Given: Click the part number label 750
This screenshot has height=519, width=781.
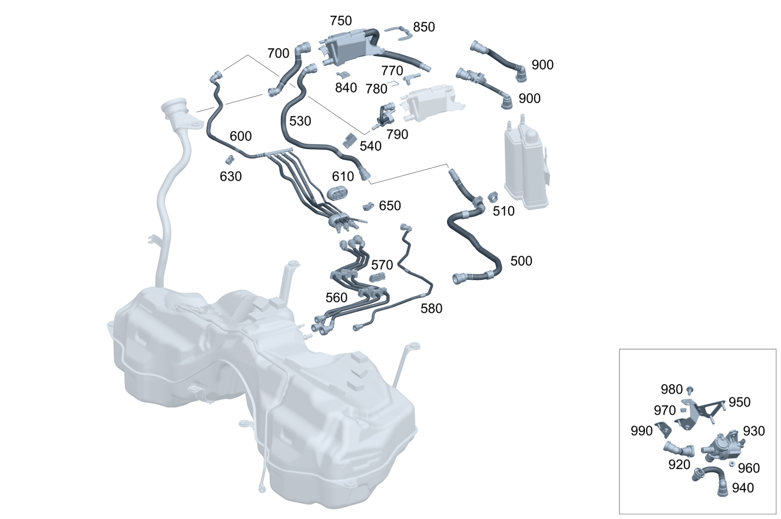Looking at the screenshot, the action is (341, 21).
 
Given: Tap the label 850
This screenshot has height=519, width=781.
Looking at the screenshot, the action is (424, 27).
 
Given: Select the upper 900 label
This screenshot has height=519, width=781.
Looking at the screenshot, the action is (542, 65).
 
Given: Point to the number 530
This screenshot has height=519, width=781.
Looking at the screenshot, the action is (300, 121).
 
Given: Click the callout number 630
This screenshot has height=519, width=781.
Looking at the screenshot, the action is (230, 176).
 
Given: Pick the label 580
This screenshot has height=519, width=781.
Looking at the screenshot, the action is (431, 308).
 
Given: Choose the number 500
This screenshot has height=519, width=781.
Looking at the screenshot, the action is (521, 261).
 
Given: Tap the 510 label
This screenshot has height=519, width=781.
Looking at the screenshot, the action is (504, 211).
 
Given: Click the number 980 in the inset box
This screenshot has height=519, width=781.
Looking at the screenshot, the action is (671, 389).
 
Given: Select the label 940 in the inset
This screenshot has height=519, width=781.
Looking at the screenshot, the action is (743, 488).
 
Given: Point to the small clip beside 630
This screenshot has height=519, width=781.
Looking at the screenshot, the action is (230, 159).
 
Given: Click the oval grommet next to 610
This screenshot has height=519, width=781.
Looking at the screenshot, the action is (337, 193).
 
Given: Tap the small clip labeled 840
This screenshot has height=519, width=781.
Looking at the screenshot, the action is (344, 75).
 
